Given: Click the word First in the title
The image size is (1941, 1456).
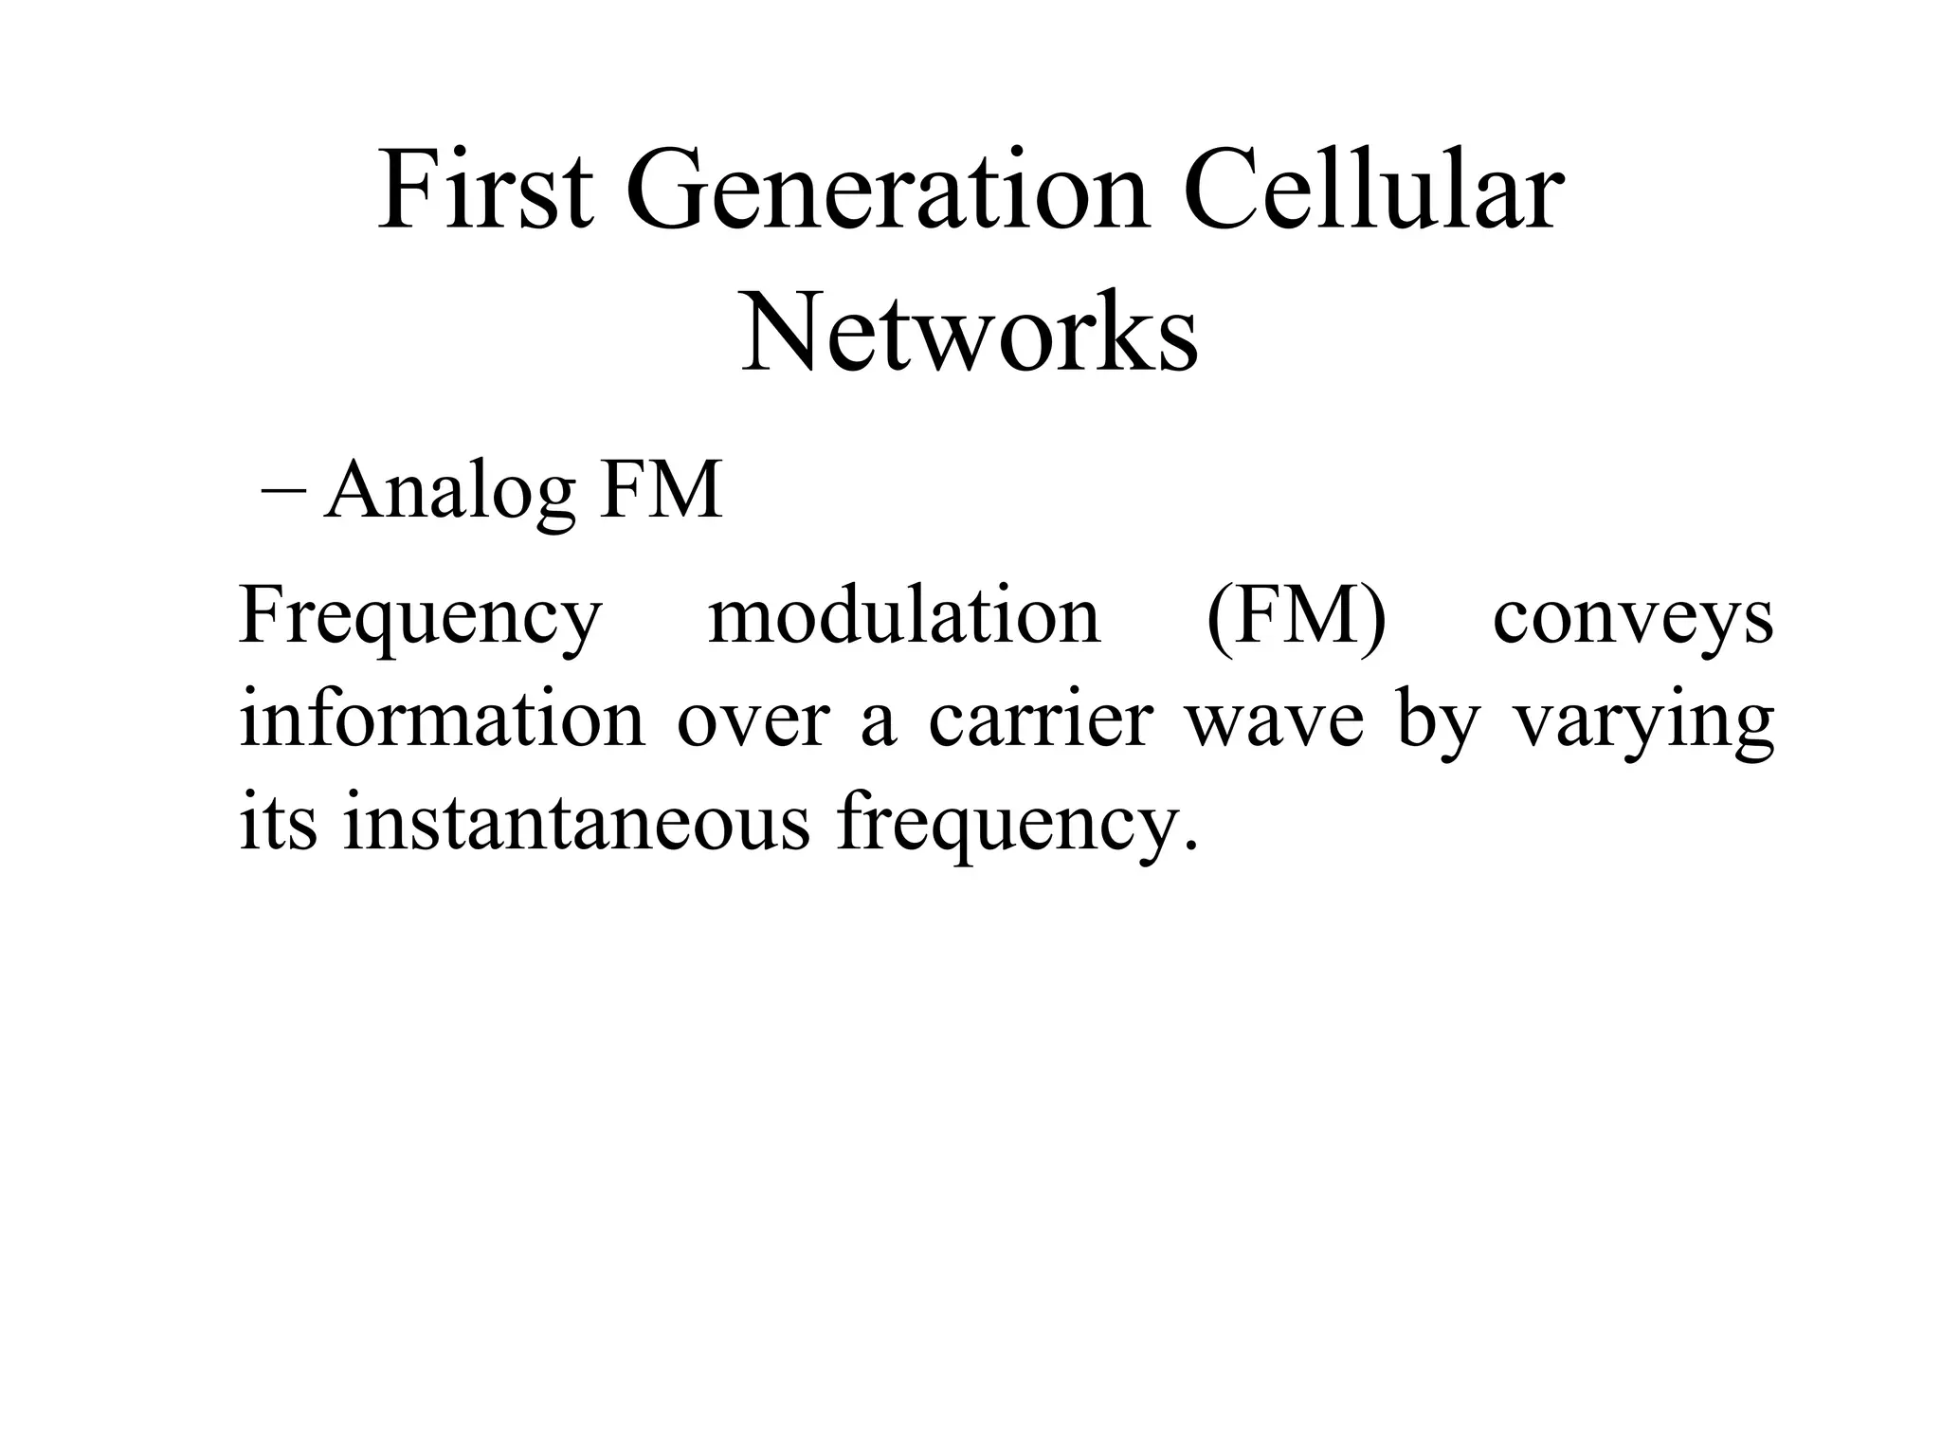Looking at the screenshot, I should (486, 192).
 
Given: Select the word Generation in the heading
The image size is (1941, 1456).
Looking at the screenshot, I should (886, 192).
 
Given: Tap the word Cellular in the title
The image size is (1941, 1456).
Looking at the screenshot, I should (1370, 192).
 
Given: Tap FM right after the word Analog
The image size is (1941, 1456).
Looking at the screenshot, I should (661, 491).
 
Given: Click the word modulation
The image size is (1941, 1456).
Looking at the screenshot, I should (904, 616).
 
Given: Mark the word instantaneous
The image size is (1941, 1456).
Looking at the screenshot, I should (576, 820).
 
